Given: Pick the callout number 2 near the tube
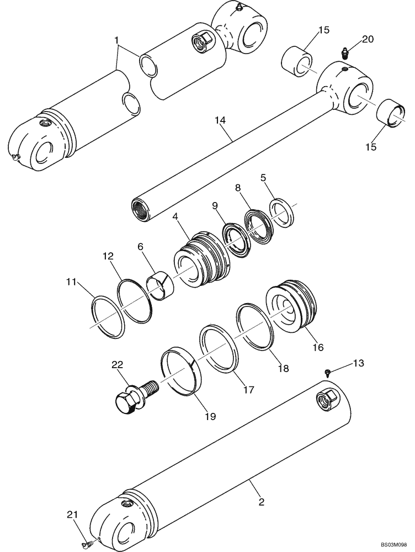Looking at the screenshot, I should tap(261, 502).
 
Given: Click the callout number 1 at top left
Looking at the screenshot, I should tap(116, 40).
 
